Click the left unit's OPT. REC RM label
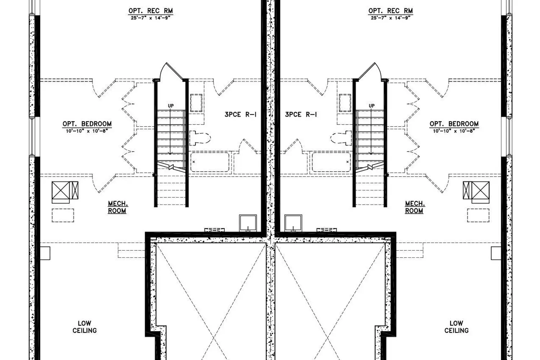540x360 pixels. point(151,11)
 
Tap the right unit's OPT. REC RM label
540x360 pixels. point(391,11)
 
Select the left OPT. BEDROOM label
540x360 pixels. point(87,124)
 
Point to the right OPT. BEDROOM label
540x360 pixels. point(454,124)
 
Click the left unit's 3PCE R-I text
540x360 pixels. point(240,114)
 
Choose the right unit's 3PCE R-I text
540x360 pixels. point(301,114)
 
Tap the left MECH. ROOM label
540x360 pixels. point(118,207)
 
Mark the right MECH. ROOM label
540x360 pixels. point(415,207)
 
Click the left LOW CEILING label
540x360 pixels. point(85,327)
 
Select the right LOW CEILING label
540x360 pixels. point(456,327)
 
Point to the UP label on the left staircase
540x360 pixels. point(171,106)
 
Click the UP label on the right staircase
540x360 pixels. point(372,106)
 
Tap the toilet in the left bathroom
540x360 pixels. point(200,138)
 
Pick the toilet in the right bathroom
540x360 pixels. point(341,138)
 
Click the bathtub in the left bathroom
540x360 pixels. point(210,162)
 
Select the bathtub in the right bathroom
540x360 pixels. point(332,162)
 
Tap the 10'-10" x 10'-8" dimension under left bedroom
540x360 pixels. point(87,131)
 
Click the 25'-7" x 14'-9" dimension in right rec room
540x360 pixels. point(391,18)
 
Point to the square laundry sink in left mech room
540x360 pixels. point(248,223)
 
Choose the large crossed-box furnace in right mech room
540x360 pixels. point(481,190)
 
